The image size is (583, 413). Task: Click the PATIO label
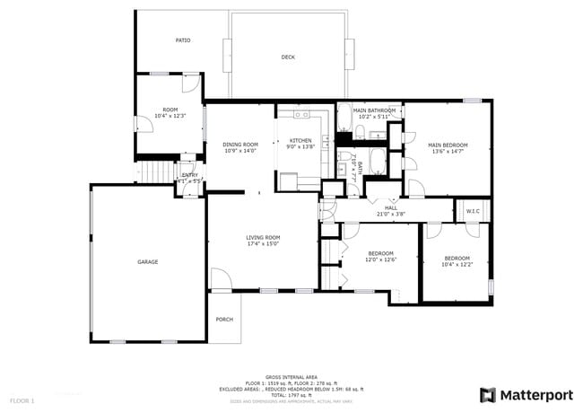182,40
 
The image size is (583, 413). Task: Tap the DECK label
288,57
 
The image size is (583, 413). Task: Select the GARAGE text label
147,262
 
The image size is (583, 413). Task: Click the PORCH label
224,320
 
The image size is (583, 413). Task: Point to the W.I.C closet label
473,212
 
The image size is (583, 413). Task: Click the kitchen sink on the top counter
300,115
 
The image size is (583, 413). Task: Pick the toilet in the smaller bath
344,168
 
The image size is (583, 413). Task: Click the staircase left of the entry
156,171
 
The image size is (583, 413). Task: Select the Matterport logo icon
487,394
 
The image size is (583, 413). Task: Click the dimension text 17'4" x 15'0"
264,243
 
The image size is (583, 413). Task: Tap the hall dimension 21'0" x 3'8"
390,214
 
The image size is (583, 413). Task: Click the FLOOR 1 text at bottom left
22,400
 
